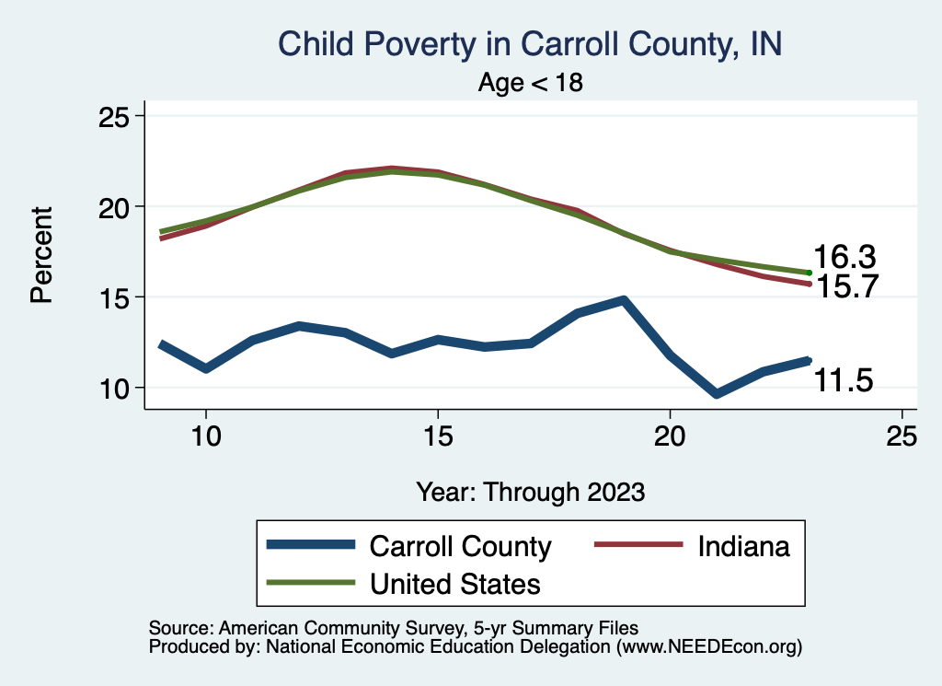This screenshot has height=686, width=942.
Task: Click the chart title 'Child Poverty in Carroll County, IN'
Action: tap(529, 44)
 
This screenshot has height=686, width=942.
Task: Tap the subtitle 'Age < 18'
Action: tap(531, 83)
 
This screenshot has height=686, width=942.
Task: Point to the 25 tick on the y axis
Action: tap(116, 117)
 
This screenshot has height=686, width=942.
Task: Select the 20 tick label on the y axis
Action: tap(116, 207)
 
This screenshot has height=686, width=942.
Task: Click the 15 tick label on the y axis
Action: tap(116, 297)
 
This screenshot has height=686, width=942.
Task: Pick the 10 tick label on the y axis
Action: tap(116, 388)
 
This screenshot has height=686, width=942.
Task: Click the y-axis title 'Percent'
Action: tap(41, 255)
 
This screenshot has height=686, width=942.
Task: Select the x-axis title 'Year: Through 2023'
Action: tap(531, 491)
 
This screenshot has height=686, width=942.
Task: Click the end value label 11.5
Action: tap(843, 380)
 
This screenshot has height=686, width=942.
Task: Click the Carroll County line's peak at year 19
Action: tap(624, 300)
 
